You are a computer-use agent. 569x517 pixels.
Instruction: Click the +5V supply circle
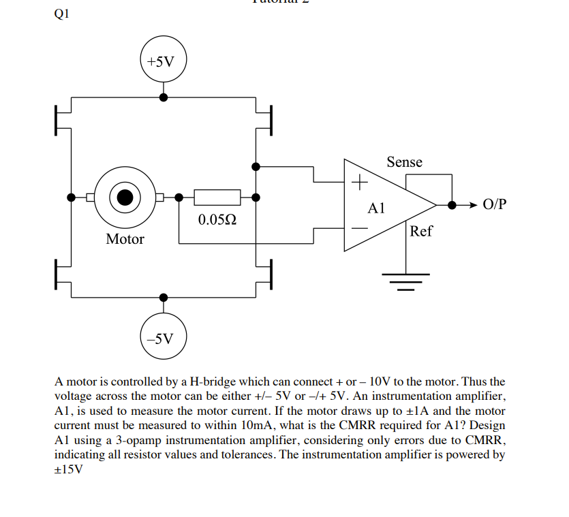(163, 62)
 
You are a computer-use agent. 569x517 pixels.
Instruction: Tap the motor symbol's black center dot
(125, 198)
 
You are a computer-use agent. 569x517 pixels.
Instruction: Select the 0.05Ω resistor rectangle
(217, 198)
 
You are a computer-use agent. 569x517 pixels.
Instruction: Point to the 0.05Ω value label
(217, 220)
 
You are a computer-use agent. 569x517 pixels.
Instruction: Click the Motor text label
(125, 239)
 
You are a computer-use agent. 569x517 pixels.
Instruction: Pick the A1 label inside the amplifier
(376, 208)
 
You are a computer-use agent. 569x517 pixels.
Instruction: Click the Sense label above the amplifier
(404, 162)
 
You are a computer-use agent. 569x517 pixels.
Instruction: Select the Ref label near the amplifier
(421, 231)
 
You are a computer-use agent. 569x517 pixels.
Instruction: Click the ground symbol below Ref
(406, 279)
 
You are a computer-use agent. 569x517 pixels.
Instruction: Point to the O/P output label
(494, 204)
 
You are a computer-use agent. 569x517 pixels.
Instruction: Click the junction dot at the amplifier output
(451, 204)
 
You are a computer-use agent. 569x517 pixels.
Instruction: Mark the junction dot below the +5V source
(163, 97)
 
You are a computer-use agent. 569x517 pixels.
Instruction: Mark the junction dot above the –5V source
(163, 298)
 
